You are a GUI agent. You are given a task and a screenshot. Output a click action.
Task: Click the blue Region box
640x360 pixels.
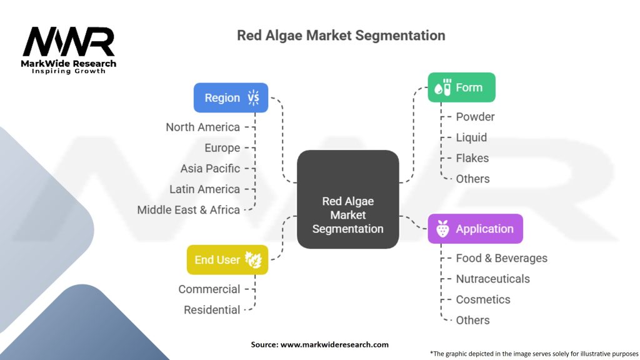[x=231, y=97]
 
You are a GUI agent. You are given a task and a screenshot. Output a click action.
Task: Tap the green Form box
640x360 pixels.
[x=461, y=87]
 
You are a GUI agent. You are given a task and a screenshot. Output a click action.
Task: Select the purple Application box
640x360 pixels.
[x=475, y=229]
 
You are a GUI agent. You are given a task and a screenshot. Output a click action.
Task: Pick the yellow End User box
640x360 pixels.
[x=227, y=260]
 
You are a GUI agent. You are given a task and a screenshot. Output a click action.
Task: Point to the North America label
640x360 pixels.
[x=202, y=127]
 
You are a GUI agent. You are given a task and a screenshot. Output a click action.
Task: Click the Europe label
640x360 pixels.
[x=222, y=148]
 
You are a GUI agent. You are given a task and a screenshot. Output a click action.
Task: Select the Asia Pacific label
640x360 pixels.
[x=210, y=169]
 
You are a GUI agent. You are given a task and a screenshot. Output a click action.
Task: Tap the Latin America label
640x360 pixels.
[x=204, y=189]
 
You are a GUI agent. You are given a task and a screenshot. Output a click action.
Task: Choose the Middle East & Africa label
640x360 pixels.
[x=189, y=210]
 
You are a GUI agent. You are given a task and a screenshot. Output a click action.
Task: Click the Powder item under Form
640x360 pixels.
[x=475, y=117]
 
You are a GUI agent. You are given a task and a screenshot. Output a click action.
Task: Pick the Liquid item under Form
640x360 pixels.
[x=471, y=137]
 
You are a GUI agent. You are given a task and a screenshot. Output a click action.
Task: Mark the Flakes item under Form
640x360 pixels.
[x=472, y=158]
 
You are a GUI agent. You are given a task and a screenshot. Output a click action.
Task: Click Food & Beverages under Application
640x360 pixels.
[x=501, y=258]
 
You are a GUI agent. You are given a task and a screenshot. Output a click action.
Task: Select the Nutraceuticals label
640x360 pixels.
[x=492, y=279]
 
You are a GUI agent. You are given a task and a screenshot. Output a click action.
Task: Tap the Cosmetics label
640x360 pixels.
[x=482, y=299]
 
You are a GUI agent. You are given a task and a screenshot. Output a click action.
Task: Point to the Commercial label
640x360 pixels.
[x=209, y=289]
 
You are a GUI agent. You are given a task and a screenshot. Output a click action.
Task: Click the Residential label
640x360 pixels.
[x=212, y=310]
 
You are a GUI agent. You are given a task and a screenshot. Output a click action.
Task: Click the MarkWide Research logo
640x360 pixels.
[x=69, y=50]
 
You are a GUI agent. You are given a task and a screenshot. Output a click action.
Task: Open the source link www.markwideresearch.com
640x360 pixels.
[x=334, y=344]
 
